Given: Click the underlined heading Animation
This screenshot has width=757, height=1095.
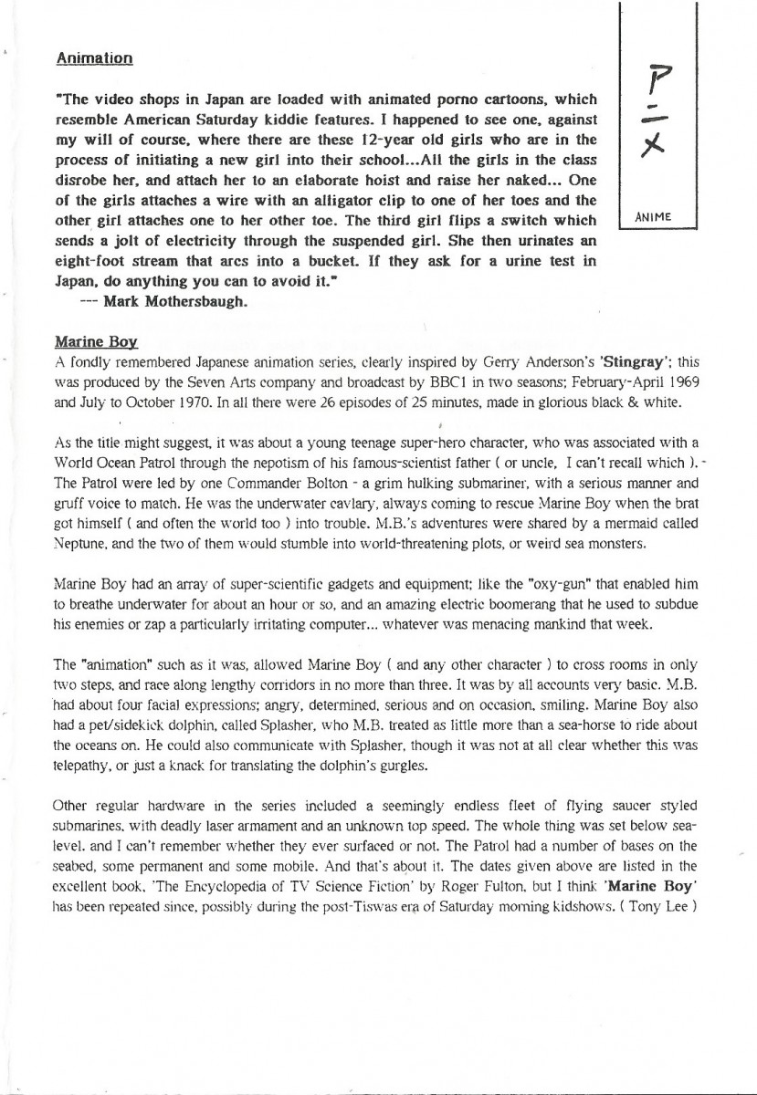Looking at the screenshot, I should click(95, 58).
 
